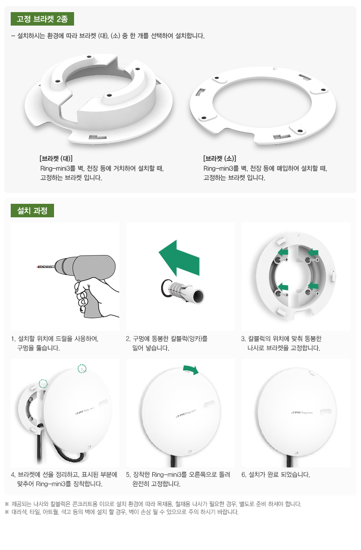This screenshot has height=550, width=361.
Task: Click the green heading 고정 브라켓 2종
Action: (42, 19)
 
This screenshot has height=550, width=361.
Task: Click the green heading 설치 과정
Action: (32, 210)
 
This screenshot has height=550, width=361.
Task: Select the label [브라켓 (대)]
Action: (56, 159)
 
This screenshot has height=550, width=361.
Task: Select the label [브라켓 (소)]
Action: (219, 159)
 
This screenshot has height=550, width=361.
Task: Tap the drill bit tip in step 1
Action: (37, 267)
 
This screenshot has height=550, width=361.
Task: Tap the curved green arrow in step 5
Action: (191, 369)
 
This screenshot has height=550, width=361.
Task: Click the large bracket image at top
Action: (99, 100)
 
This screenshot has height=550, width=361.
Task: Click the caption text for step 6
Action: (276, 475)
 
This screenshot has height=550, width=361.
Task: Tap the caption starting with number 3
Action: (281, 343)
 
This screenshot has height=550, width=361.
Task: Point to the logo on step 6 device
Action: (302, 413)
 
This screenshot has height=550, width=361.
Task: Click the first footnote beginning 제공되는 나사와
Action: (153, 504)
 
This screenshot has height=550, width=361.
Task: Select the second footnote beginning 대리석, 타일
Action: (122, 512)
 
